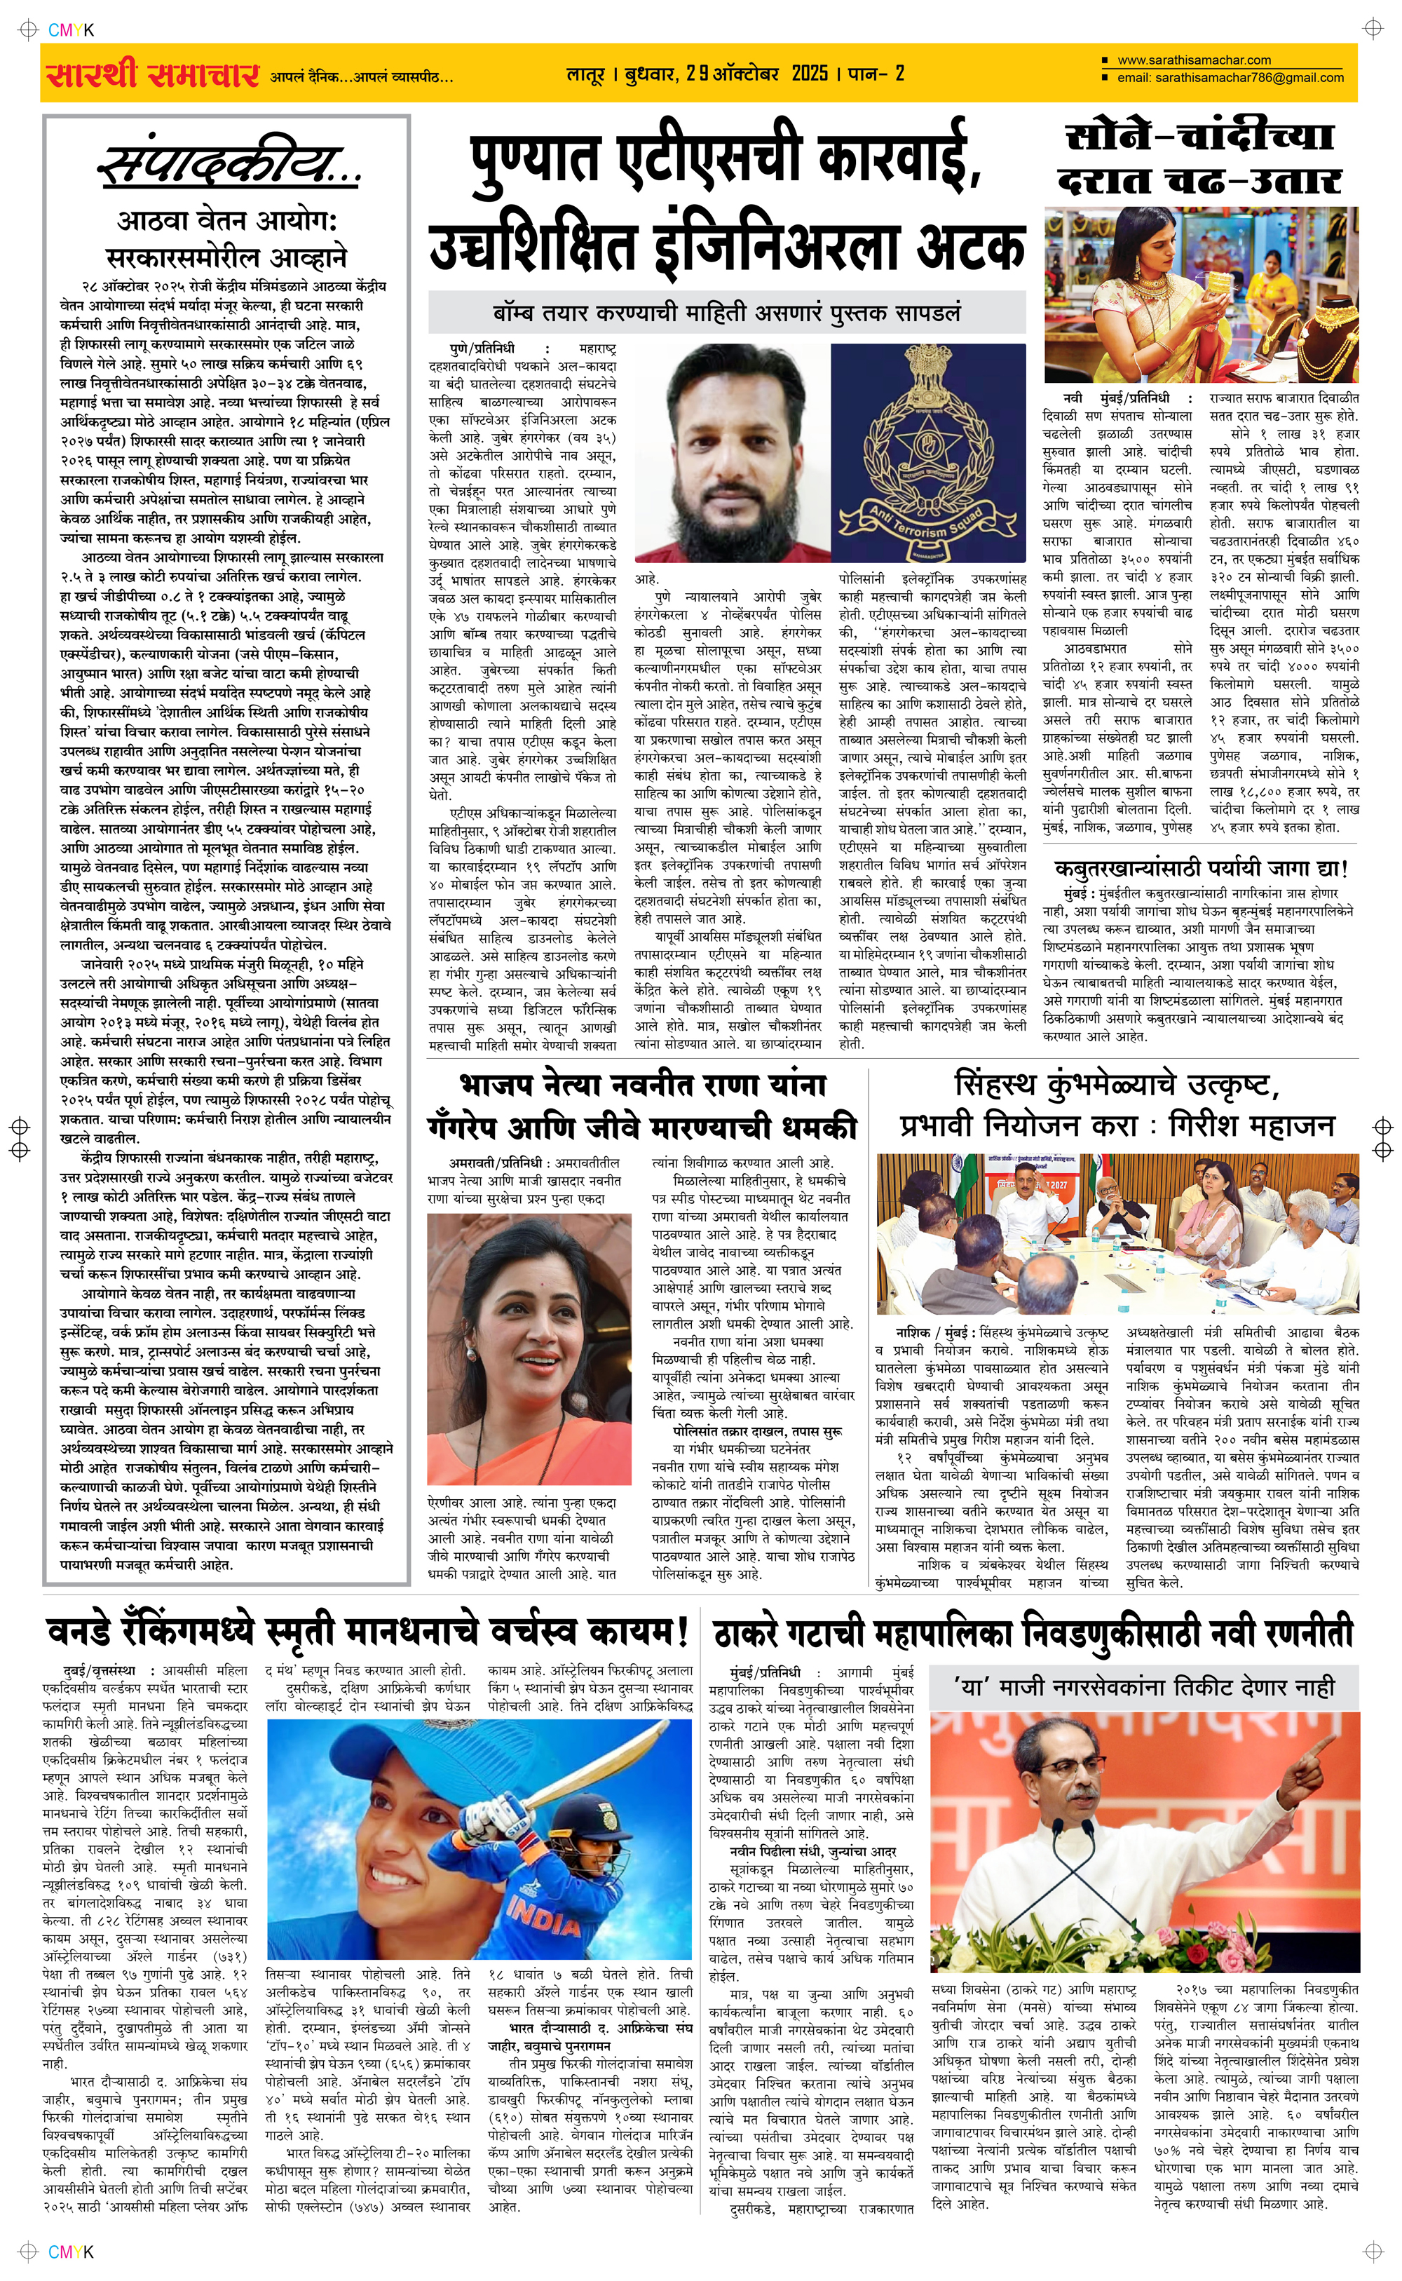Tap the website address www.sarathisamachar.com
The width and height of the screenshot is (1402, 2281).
1193,60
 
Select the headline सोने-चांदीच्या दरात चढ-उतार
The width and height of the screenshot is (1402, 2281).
1201,158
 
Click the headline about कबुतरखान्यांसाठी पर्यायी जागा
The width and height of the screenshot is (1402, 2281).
1201,869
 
